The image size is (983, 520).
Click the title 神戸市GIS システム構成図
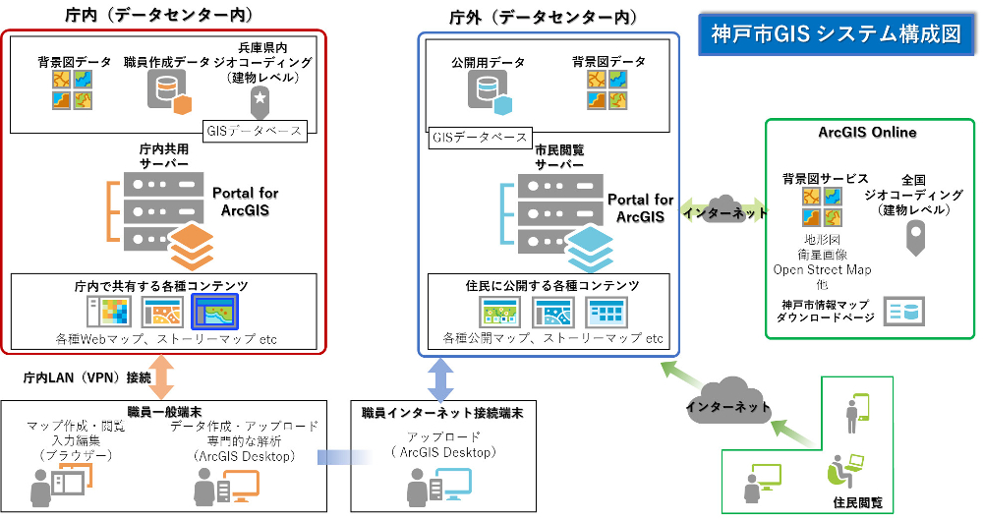836,32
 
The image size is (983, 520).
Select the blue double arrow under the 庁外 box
440,378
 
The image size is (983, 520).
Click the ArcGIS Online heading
867,133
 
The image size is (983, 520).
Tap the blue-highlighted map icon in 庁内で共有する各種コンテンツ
215,312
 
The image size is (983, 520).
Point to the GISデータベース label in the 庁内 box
256,129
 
